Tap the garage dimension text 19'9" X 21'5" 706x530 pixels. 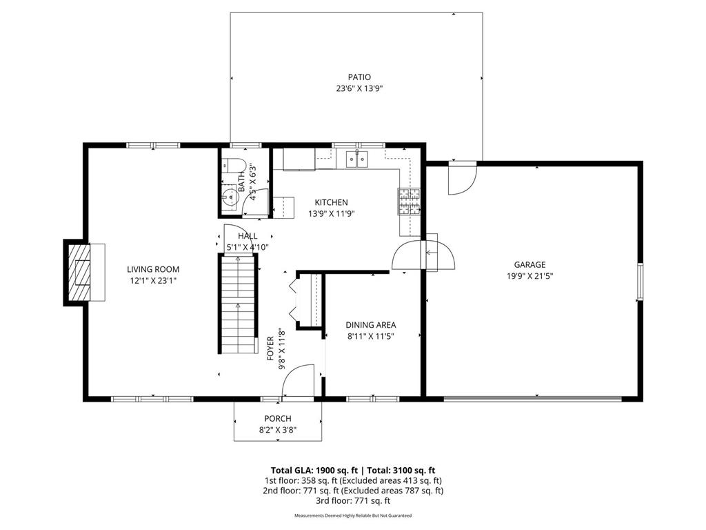529,275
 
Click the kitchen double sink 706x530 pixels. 356,160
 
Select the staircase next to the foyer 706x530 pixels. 238,304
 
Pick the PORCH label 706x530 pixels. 278,419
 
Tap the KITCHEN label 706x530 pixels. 331,202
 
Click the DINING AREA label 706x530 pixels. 371,325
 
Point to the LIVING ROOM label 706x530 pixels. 153,269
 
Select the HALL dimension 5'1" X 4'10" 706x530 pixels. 248,246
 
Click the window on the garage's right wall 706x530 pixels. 640,281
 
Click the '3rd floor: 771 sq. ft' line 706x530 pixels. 352,500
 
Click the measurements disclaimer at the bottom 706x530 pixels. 352,516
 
